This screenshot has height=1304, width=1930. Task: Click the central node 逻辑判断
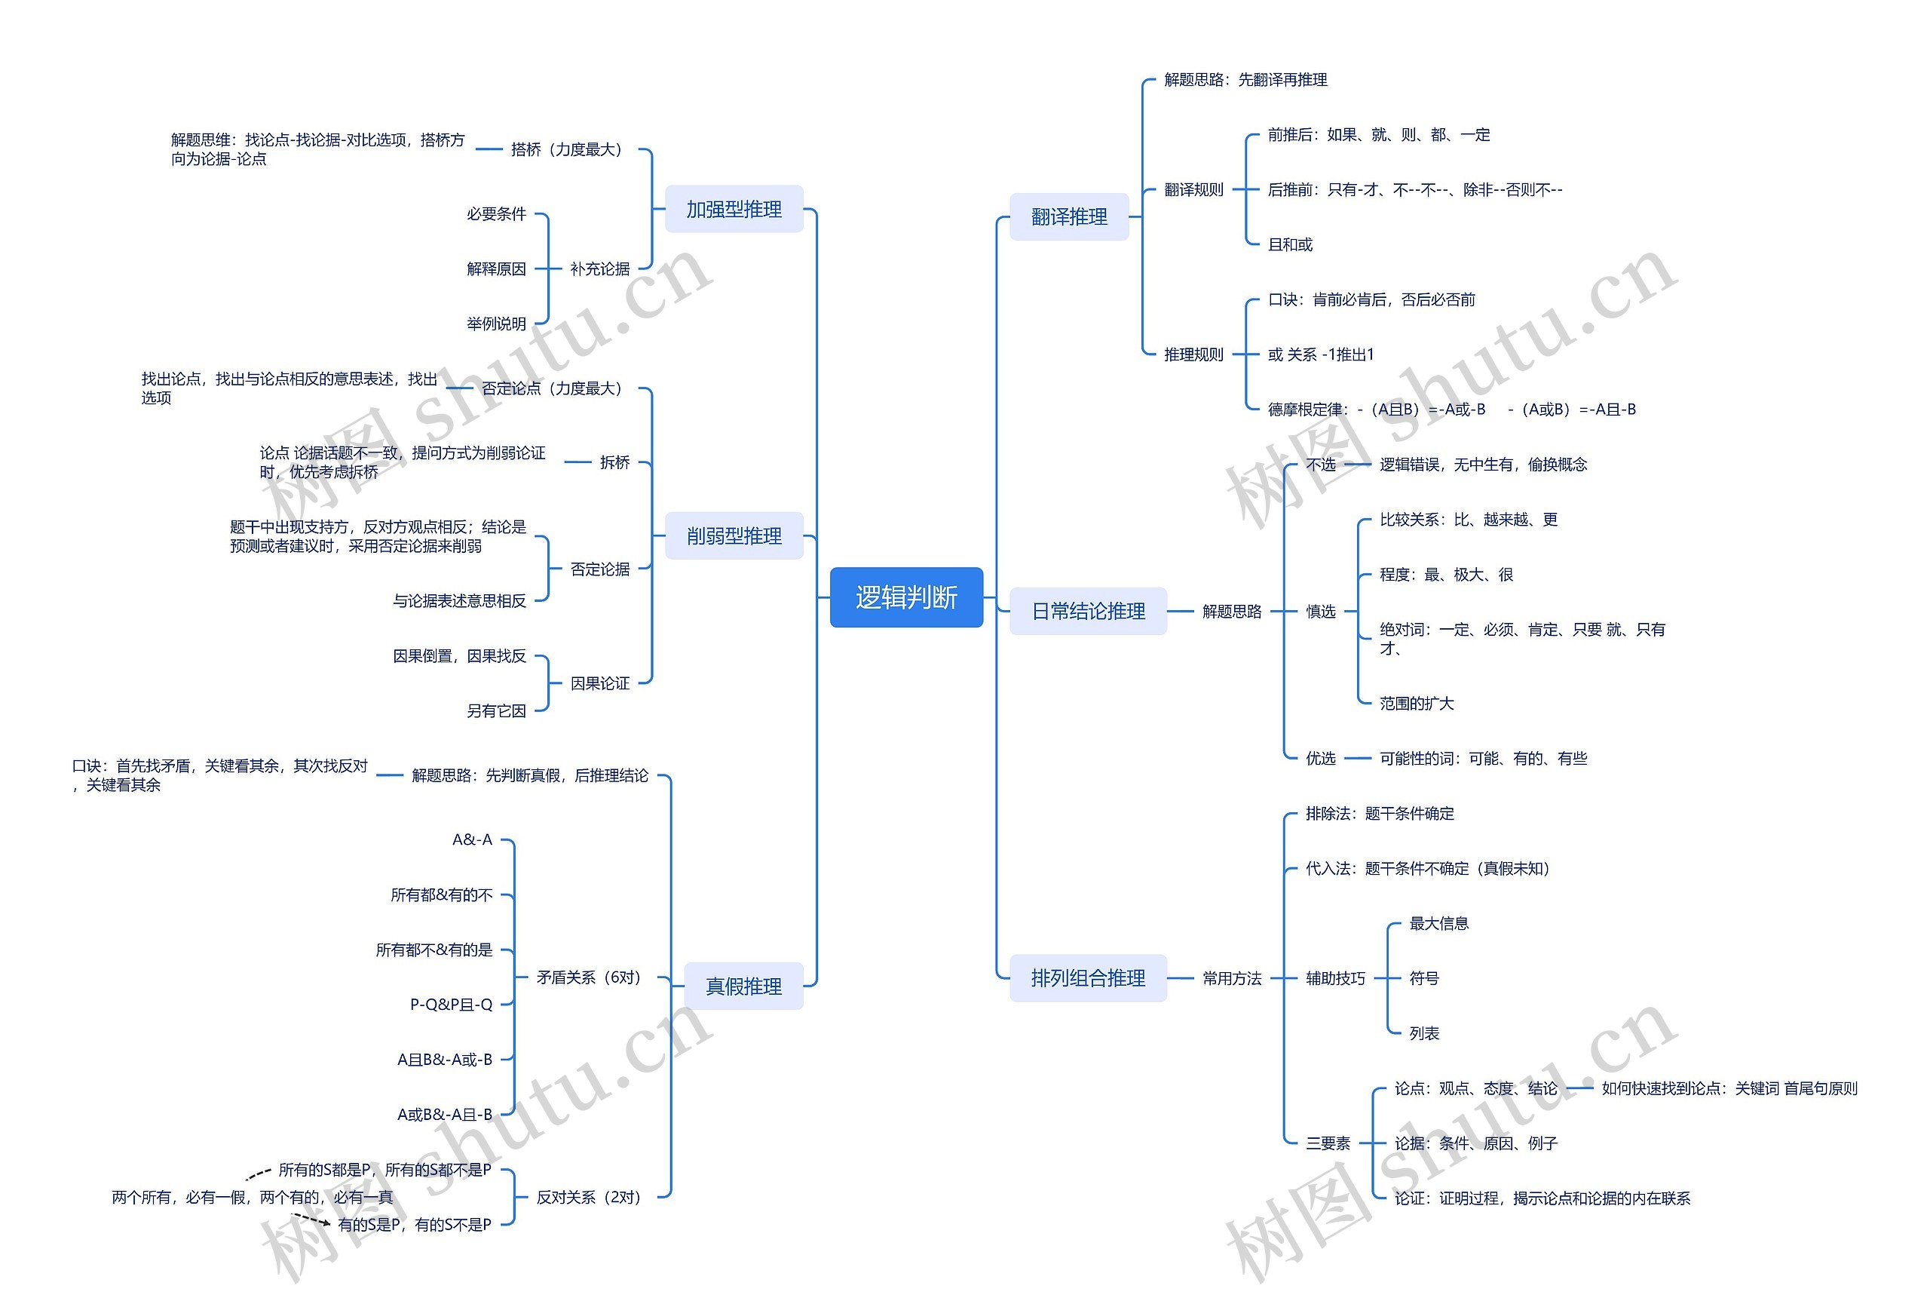[906, 597]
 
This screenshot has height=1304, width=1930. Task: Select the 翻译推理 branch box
[1069, 216]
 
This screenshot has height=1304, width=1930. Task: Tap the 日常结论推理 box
[1088, 612]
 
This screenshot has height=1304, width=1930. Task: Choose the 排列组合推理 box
[1088, 978]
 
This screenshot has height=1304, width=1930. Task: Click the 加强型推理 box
[734, 210]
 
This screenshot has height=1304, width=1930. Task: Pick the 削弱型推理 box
[734, 535]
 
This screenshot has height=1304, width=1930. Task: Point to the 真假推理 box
[743, 986]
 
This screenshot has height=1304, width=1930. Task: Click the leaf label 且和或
[1290, 244]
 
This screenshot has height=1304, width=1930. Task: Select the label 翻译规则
[1193, 189]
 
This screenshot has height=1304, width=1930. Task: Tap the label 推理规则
[1193, 354]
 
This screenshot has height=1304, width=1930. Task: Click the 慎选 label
[1320, 612]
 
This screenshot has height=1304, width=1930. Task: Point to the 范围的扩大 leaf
[1417, 704]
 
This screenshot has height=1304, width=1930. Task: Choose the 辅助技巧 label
[1335, 978]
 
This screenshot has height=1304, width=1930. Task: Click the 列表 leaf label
[1424, 1033]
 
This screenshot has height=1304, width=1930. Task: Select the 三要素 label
[1328, 1143]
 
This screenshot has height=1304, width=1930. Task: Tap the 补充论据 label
[599, 268]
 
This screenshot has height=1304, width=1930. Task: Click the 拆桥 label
[614, 462]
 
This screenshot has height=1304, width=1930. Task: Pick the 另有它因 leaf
[496, 711]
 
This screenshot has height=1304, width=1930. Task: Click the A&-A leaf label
[472, 839]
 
